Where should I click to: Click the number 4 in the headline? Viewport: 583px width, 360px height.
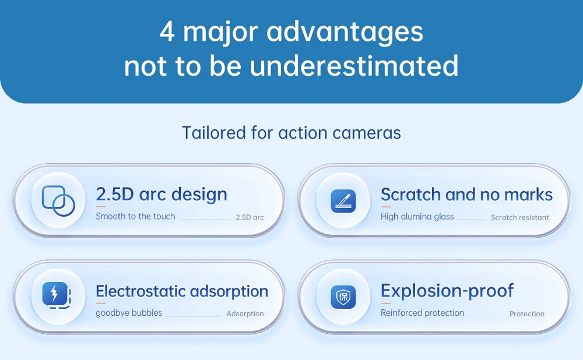[x=167, y=31]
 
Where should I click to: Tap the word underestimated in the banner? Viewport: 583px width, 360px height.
[x=354, y=65]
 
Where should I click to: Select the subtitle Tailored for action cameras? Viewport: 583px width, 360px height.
[x=291, y=133]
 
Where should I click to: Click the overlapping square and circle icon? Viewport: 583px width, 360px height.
[x=58, y=200]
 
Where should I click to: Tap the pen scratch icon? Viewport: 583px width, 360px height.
[x=343, y=200]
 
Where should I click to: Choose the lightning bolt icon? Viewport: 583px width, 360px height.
[x=57, y=295]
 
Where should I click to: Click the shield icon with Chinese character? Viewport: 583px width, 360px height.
[x=343, y=297]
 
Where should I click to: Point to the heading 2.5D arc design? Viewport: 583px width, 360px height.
[x=161, y=195]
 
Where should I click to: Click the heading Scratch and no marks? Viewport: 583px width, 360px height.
[x=466, y=195]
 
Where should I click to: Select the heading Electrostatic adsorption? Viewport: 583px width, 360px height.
[x=182, y=291]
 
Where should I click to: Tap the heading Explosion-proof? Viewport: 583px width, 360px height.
[x=447, y=291]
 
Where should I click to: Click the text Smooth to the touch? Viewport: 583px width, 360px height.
[x=135, y=216]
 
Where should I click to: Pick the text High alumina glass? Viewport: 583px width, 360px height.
[x=417, y=217]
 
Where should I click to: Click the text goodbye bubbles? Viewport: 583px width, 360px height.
[x=129, y=313]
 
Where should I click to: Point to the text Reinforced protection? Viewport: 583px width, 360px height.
[x=422, y=313]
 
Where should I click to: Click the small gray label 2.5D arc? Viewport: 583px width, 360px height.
[x=250, y=217]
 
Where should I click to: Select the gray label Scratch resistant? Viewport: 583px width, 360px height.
[x=520, y=217]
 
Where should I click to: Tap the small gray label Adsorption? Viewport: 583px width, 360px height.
[x=245, y=314]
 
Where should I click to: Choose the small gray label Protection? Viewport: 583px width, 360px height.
[x=527, y=314]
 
